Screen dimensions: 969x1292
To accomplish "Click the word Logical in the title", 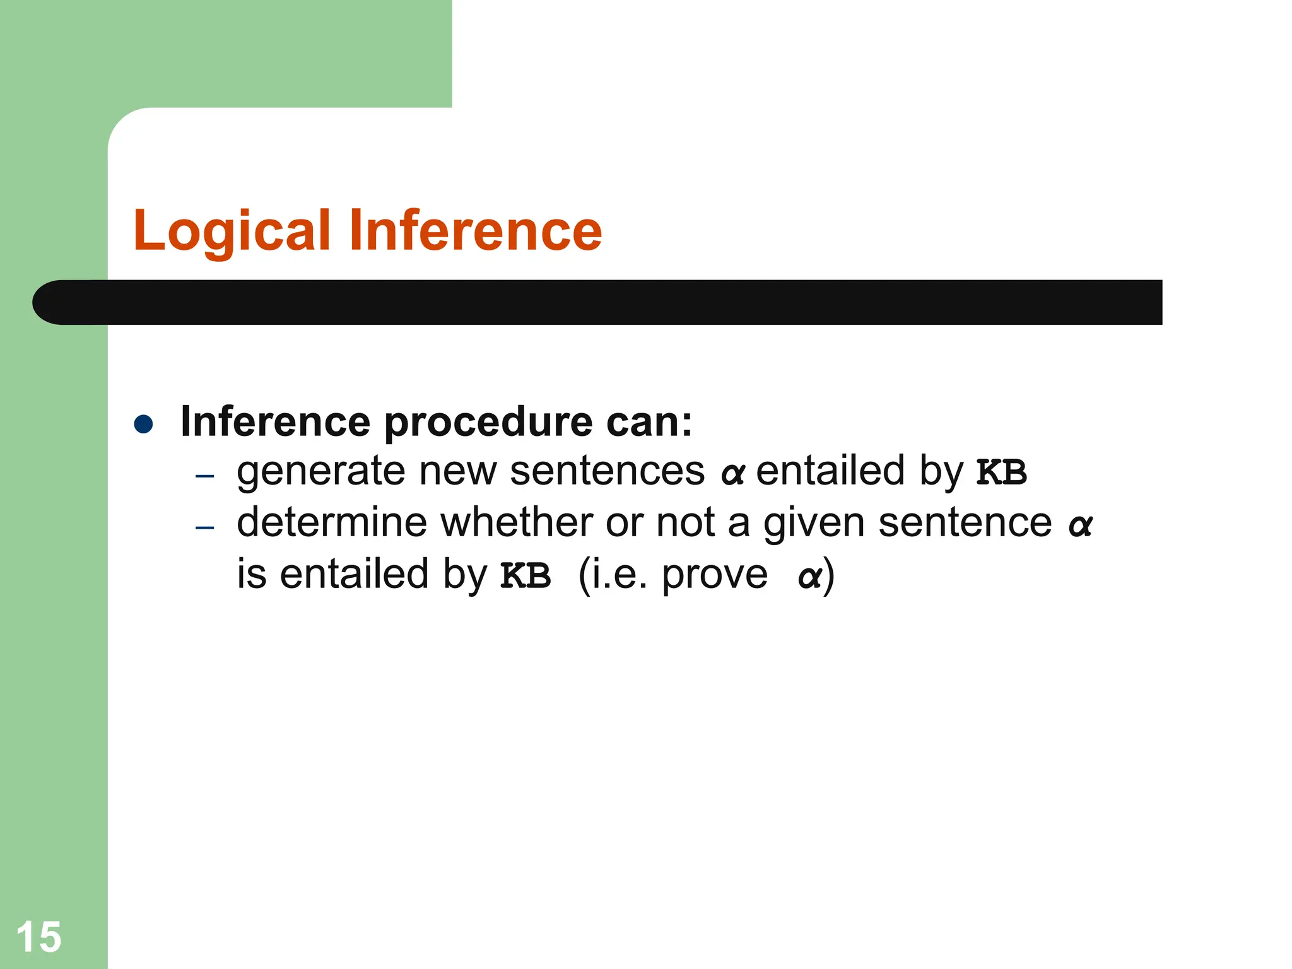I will [x=232, y=232].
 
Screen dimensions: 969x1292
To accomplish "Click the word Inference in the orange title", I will [x=476, y=230].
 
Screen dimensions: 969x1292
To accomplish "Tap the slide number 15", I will [x=38, y=936].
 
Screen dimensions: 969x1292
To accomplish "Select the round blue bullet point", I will [x=144, y=423].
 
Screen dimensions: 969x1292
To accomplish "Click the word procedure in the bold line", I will [x=488, y=423].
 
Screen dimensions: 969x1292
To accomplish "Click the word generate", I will [x=320, y=473].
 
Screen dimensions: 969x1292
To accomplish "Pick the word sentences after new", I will [x=607, y=471].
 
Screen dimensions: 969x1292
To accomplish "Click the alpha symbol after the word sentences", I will [x=732, y=473].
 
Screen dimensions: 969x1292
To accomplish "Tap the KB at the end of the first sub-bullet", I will [x=1001, y=473].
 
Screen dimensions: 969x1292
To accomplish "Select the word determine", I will [x=331, y=523].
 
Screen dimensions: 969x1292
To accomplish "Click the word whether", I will [x=516, y=523].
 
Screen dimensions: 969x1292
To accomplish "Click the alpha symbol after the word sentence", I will [x=1080, y=525].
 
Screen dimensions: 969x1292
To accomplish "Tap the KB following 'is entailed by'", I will [x=526, y=575].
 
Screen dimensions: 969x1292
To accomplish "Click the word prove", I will [x=715, y=576].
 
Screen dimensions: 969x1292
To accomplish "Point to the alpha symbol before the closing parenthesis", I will [x=809, y=577].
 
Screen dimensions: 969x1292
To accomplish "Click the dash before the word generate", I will [x=205, y=476].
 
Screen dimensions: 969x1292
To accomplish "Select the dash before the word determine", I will [x=205, y=527].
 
